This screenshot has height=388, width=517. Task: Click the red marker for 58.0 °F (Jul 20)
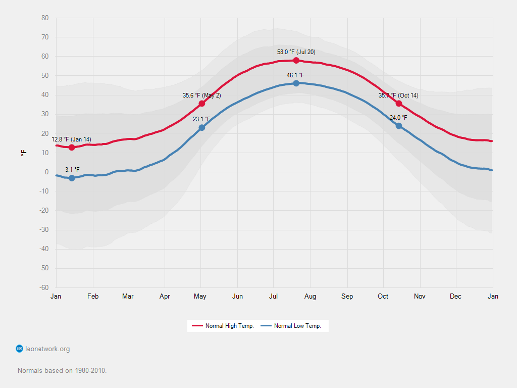(296, 61)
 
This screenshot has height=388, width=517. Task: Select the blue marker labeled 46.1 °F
(296, 83)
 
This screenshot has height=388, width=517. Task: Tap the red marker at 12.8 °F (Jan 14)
(72, 148)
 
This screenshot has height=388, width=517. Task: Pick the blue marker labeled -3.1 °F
(72, 178)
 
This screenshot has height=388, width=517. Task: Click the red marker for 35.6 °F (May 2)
(202, 104)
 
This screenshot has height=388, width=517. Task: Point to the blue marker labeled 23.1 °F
(202, 128)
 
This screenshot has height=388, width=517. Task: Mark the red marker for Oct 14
(399, 104)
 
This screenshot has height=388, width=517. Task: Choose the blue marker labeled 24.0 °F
(399, 126)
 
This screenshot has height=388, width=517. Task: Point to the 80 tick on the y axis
(45, 18)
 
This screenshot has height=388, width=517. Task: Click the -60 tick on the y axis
(44, 288)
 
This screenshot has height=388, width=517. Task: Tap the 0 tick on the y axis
(46, 172)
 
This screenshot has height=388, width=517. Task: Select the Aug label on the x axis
(310, 297)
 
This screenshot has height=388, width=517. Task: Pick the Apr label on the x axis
(165, 297)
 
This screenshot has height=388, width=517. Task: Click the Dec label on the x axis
(455, 297)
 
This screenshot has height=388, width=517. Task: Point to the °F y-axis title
(23, 153)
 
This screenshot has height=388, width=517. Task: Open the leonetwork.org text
(47, 349)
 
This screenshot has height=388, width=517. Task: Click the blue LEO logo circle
(20, 349)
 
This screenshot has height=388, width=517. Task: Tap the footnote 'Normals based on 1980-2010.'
(62, 370)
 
